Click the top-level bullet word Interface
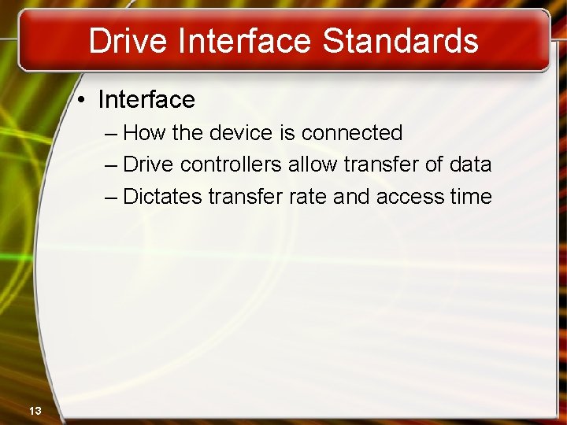coord(146,100)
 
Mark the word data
coord(470,165)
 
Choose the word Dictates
coord(163,197)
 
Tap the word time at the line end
coord(471,197)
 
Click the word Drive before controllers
coord(149,165)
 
